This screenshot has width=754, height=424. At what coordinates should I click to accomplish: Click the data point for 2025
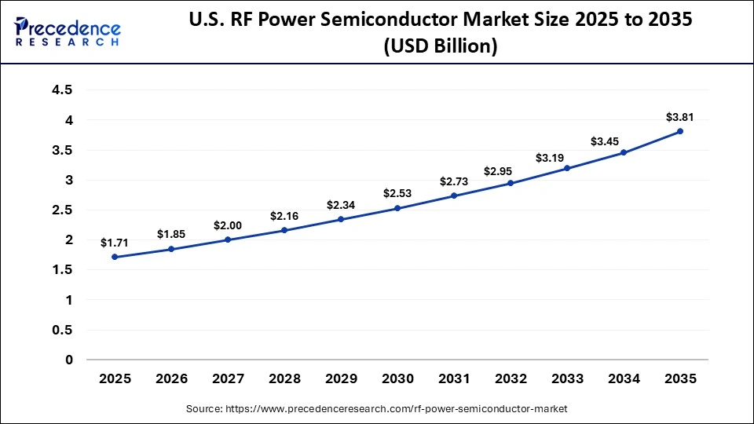115,257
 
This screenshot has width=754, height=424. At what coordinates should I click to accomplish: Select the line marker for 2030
397,208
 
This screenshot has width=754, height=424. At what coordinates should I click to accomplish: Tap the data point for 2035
680,131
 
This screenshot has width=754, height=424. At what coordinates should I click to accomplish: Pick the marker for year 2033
567,168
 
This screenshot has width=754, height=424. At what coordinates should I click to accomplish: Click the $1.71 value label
115,243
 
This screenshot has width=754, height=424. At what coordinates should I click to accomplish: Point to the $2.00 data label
228,225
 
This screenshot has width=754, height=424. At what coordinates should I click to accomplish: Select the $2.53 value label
397,193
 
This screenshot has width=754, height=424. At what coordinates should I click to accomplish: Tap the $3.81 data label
680,117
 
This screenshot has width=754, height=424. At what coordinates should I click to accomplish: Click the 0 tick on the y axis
68,360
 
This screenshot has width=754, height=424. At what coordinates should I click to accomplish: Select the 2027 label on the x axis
228,378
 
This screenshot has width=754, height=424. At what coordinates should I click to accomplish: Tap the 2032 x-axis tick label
511,378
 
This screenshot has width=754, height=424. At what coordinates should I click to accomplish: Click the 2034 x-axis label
624,378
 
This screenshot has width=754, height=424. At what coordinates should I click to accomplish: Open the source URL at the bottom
376,409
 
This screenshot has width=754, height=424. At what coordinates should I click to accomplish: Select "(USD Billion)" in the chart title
440,46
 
